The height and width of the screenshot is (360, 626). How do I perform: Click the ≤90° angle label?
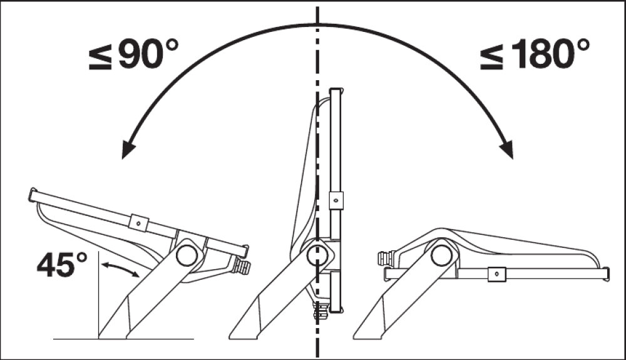[133, 54]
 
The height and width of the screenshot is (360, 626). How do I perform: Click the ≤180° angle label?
[535, 54]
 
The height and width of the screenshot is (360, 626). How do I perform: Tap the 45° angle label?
[62, 265]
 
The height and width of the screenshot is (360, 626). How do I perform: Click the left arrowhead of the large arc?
[128, 149]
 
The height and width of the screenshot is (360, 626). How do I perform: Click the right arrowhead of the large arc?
[507, 149]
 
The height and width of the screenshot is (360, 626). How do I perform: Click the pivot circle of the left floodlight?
[187, 255]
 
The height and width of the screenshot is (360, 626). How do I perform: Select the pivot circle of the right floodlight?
[441, 255]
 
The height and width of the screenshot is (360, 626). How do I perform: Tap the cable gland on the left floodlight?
[242, 266]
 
